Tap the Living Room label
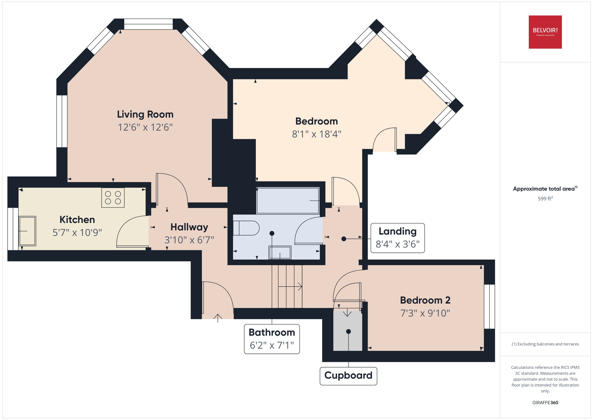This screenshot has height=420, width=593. point(145,114)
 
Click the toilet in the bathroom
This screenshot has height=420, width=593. point(246,228)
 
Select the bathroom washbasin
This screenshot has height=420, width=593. point(280,252)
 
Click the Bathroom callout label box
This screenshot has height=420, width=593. point(272,339)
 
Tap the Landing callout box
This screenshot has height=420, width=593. point(397,238)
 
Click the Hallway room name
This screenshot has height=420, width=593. point(189,227)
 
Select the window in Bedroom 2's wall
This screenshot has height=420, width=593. point(489,306)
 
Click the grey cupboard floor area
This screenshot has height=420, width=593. point(347,339)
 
